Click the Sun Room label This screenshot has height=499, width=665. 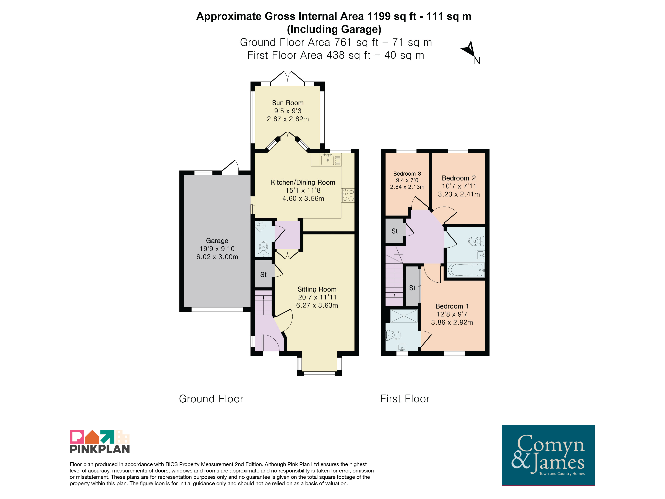(x=288, y=103)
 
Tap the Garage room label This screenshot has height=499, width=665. (x=217, y=241)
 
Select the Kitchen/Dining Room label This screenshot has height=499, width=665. (x=303, y=182)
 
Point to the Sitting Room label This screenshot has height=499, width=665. (x=317, y=289)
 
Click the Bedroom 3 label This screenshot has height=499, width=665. (x=407, y=173)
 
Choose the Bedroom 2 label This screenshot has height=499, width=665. (x=459, y=178)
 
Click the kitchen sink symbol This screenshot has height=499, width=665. (x=327, y=159)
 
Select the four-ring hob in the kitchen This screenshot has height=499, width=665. (x=348, y=195)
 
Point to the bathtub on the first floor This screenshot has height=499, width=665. (x=466, y=270)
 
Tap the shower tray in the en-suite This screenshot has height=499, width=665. (x=404, y=316)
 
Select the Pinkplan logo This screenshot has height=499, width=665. (x=100, y=441)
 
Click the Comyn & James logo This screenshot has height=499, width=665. (x=548, y=455)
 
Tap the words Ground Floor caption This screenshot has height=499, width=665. (x=211, y=399)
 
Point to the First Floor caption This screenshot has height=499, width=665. (x=405, y=399)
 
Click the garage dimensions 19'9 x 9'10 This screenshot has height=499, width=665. (x=217, y=249)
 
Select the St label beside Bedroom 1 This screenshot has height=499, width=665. (x=412, y=288)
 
